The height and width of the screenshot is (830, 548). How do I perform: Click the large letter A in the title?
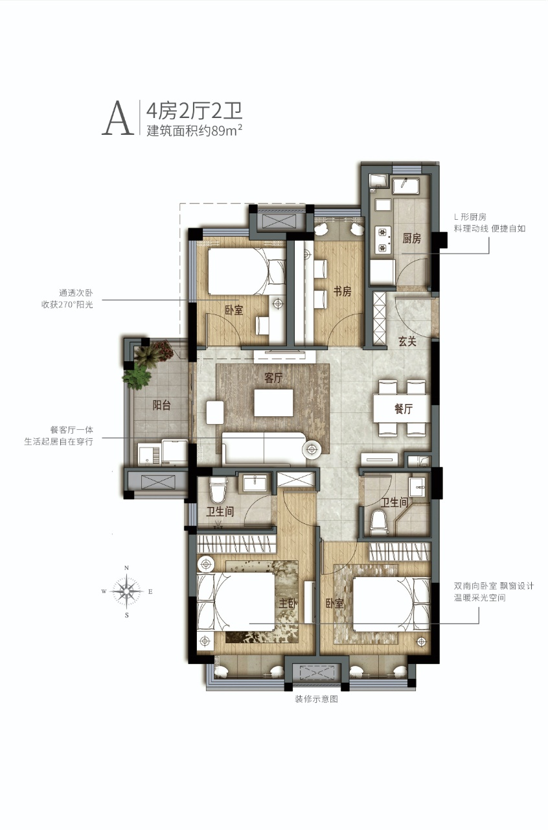point(118,118)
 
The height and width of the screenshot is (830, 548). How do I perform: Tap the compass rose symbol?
point(126,591)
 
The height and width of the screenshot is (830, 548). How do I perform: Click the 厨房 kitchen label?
point(412,238)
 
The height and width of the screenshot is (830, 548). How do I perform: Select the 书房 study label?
point(342,291)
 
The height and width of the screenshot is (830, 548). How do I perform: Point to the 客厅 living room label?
point(273,377)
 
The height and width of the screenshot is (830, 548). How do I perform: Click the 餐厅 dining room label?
point(404,409)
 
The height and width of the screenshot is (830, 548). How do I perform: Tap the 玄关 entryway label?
point(407,341)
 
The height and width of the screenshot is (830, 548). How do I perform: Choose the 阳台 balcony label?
point(162,405)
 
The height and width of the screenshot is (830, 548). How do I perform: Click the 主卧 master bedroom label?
point(288,603)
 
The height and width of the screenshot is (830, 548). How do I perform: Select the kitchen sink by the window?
point(405,186)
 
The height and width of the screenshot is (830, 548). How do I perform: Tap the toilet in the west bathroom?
point(218,490)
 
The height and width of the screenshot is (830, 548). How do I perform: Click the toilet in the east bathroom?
point(379,522)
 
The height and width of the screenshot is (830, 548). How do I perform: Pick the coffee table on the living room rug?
point(273,403)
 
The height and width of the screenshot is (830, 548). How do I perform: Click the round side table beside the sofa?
point(312,449)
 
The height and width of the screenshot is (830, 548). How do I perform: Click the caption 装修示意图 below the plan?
point(316,699)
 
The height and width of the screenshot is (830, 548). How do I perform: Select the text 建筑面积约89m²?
point(194,130)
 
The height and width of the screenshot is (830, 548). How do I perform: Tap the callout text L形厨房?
point(470,217)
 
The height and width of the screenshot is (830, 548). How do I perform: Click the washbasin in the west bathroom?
point(255,484)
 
